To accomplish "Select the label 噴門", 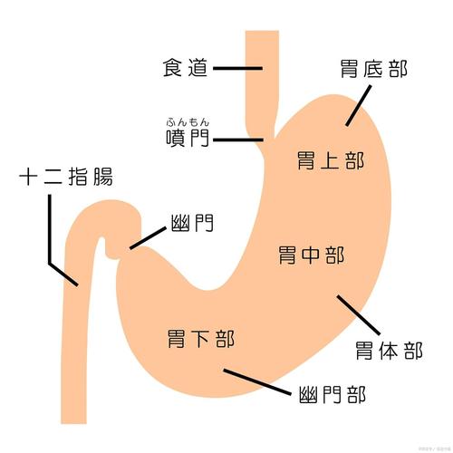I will pyautogui.click(x=186, y=140).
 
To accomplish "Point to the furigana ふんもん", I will pyautogui.click(x=187, y=120).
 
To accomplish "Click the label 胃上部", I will pyautogui.click(x=331, y=162).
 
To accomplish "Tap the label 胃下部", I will pyautogui.click(x=201, y=340).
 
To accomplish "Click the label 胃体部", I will pyautogui.click(x=389, y=350).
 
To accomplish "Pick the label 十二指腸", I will pyautogui.click(x=66, y=176).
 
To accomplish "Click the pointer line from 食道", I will pyautogui.click(x=238, y=68).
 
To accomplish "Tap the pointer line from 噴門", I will pyautogui.click(x=238, y=140).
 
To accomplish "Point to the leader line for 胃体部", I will pyautogui.click(x=358, y=314).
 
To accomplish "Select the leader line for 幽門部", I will pyautogui.click(x=256, y=381).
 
